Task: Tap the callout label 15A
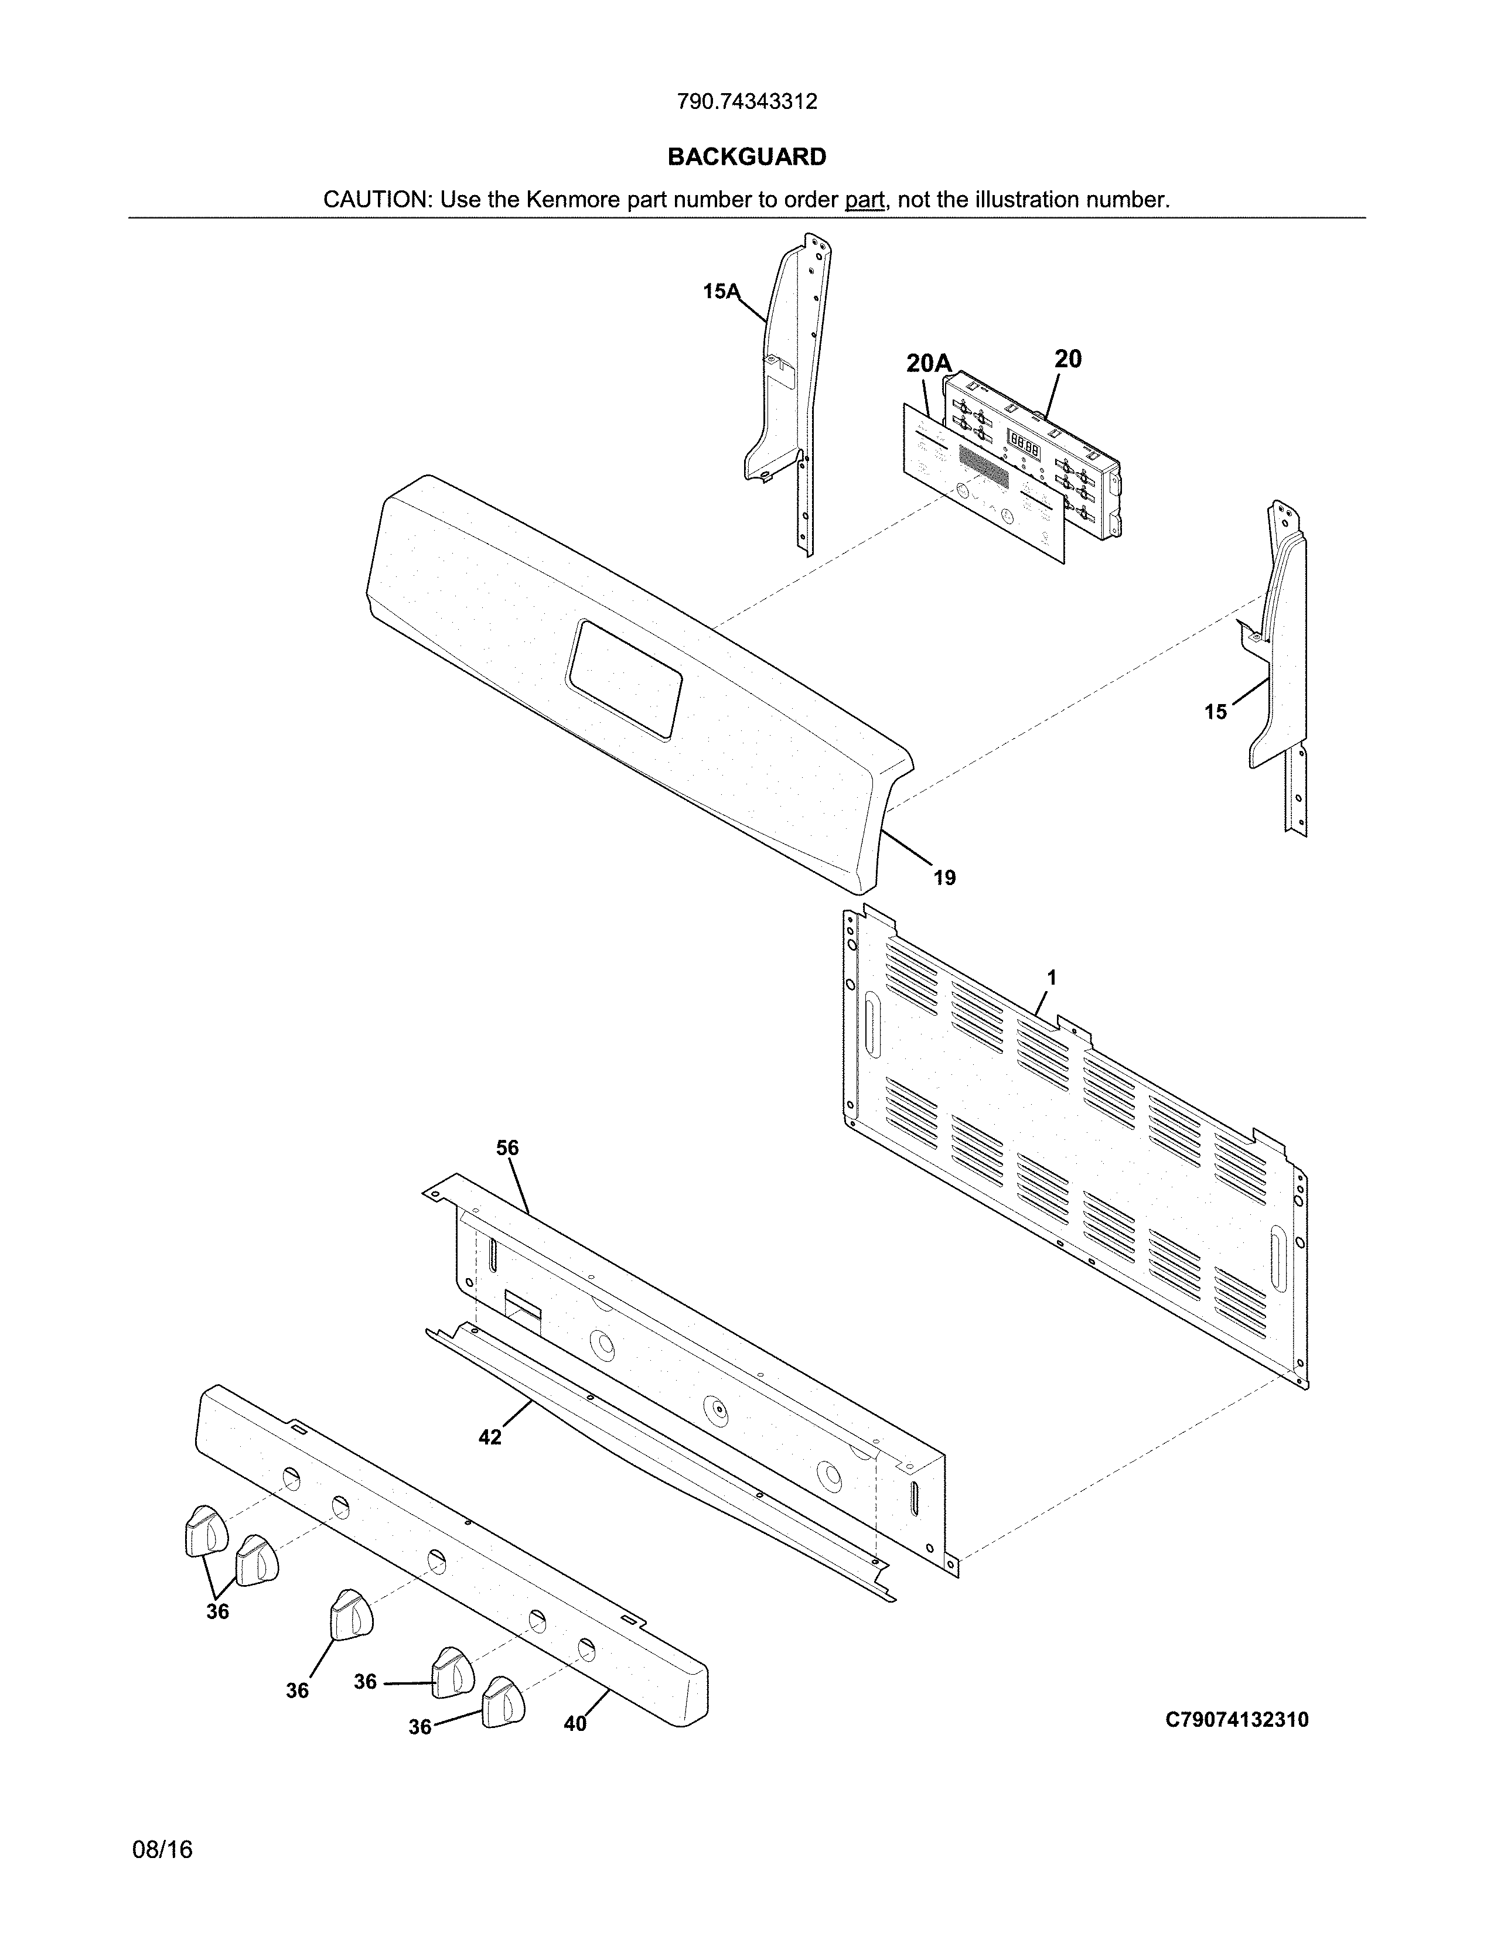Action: click(721, 291)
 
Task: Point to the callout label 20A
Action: click(929, 363)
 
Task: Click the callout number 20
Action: click(1067, 358)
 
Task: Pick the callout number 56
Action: click(507, 1148)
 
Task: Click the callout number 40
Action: click(575, 1724)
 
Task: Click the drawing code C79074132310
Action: click(1236, 1720)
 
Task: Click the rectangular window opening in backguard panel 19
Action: click(625, 679)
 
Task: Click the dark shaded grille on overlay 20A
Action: click(983, 466)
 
